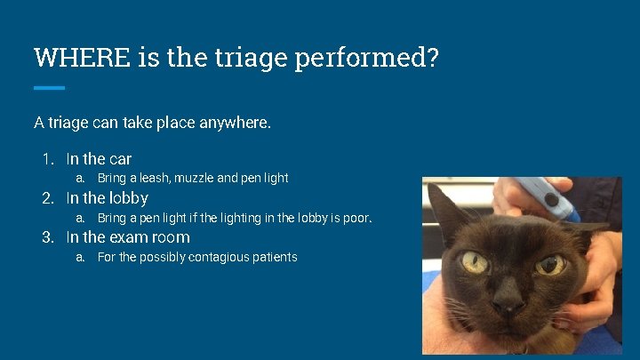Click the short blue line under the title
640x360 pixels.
pyautogui.click(x=49, y=87)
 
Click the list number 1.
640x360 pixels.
pyautogui.click(x=48, y=159)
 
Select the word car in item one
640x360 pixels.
pyautogui.click(x=120, y=160)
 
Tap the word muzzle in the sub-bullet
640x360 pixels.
pyautogui.click(x=195, y=178)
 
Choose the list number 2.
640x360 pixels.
pyautogui.click(x=48, y=198)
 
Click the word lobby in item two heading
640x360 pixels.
pyautogui.click(x=130, y=198)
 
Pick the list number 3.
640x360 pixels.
pyautogui.click(x=48, y=237)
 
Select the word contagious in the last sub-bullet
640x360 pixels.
pyautogui.click(x=217, y=257)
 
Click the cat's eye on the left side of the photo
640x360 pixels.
pyautogui.click(x=475, y=262)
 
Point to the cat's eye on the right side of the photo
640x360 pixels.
pyautogui.click(x=550, y=265)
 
